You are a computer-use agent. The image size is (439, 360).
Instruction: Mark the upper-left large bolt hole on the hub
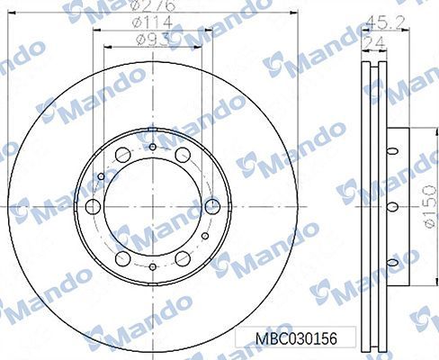pos(123,157)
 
